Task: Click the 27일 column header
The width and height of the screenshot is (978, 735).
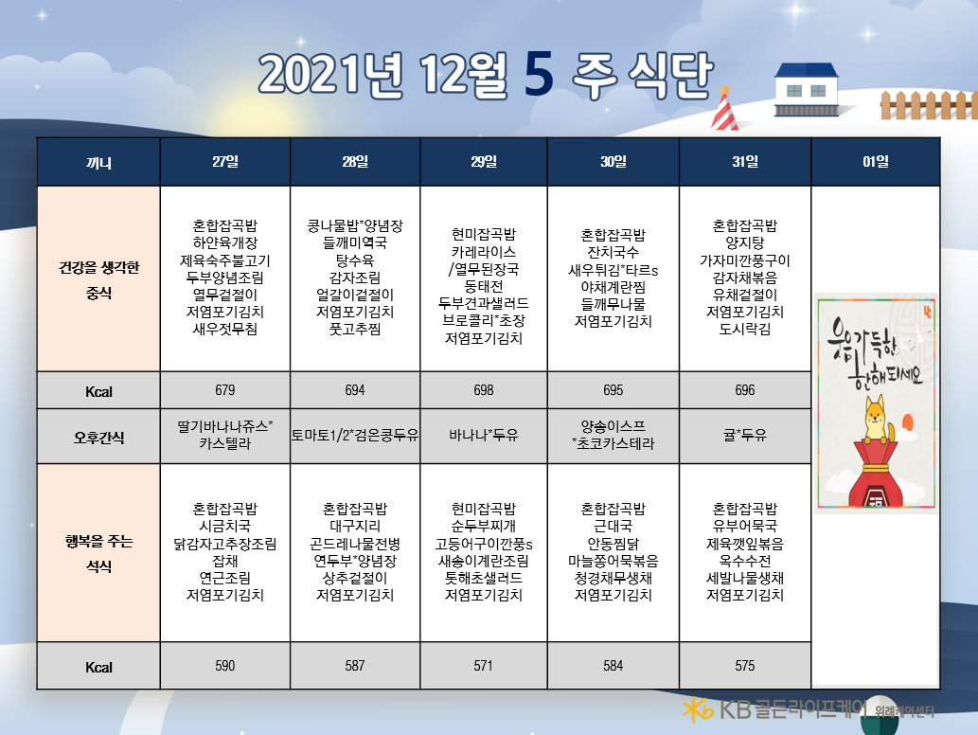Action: pyautogui.click(x=225, y=162)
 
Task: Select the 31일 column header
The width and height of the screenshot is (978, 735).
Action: pyautogui.click(x=745, y=162)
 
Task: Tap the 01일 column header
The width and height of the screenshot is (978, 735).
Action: pyautogui.click(x=875, y=162)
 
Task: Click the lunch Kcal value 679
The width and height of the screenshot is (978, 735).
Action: pyautogui.click(x=225, y=390)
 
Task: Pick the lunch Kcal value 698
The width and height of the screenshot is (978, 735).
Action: pyautogui.click(x=484, y=390)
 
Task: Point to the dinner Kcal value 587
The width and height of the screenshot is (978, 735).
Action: pyautogui.click(x=355, y=666)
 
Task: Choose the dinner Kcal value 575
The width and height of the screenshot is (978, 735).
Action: pyautogui.click(x=745, y=666)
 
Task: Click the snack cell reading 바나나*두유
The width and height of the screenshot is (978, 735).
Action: pyautogui.click(x=484, y=435)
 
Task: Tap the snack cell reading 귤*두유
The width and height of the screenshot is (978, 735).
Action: pyautogui.click(x=745, y=435)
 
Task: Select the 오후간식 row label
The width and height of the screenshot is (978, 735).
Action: pyautogui.click(x=98, y=438)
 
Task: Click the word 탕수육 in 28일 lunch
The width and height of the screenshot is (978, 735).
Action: pyautogui.click(x=355, y=260)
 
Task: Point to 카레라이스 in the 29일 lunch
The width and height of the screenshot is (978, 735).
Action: pyautogui.click(x=484, y=252)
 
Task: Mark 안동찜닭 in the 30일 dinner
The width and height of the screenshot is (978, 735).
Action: pyautogui.click(x=613, y=544)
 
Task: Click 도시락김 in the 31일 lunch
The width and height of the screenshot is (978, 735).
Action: pyautogui.click(x=745, y=329)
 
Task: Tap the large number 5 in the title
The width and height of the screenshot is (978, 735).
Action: pyautogui.click(x=539, y=75)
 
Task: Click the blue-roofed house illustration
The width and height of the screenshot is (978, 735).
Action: pyautogui.click(x=807, y=90)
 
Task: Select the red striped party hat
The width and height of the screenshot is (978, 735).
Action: pyautogui.click(x=724, y=109)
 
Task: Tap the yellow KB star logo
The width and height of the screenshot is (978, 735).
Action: pyautogui.click(x=698, y=709)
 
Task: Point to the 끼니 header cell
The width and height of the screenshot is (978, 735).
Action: pyautogui.click(x=98, y=163)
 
